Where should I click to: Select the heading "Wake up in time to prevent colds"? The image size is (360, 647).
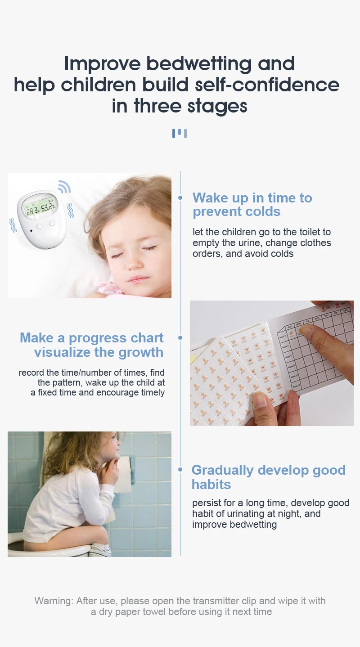(252, 204)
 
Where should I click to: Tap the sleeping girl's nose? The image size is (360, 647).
(135, 264)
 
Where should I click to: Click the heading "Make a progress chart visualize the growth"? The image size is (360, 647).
(92, 345)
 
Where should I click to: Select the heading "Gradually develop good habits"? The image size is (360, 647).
(268, 477)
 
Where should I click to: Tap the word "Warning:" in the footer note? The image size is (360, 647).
(54, 601)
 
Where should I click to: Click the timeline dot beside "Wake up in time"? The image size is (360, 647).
(180, 198)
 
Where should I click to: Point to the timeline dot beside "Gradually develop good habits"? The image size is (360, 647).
(180, 470)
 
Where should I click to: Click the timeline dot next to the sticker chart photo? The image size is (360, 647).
(180, 337)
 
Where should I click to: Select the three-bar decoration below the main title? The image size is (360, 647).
(180, 133)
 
